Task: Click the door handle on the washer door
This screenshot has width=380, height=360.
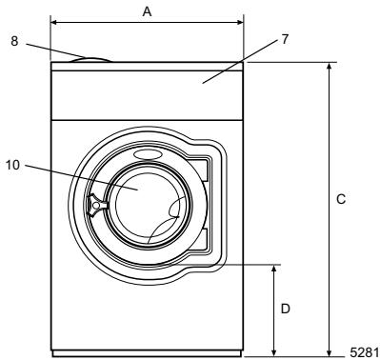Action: tap(95, 203)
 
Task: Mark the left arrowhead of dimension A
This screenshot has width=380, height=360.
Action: tap(53, 21)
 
